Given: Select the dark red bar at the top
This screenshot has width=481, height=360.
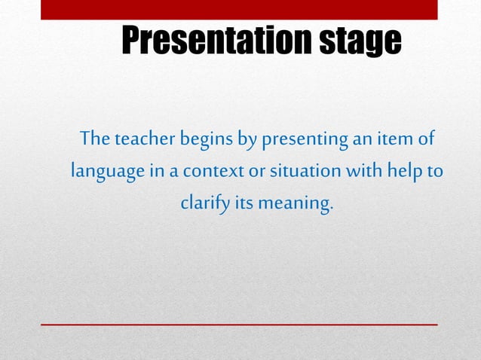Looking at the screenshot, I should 239,10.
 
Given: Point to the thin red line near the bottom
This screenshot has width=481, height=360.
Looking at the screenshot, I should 239,324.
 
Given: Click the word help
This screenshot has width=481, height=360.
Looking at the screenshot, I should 405,171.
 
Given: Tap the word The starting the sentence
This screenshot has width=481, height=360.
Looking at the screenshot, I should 95,139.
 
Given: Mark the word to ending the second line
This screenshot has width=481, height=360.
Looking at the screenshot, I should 435,172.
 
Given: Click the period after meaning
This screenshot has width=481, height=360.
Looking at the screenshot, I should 330,209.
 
